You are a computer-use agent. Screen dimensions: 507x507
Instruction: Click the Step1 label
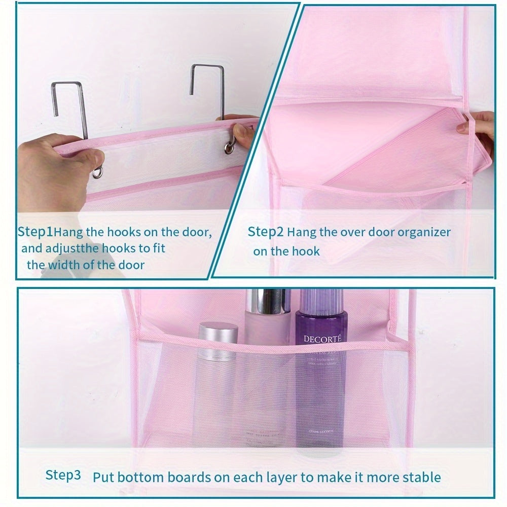(x=35, y=232)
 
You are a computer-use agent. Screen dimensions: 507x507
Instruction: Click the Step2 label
(x=265, y=232)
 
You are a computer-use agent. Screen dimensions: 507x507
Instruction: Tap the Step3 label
(x=63, y=475)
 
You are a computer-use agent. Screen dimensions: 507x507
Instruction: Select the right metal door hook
(x=208, y=91)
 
